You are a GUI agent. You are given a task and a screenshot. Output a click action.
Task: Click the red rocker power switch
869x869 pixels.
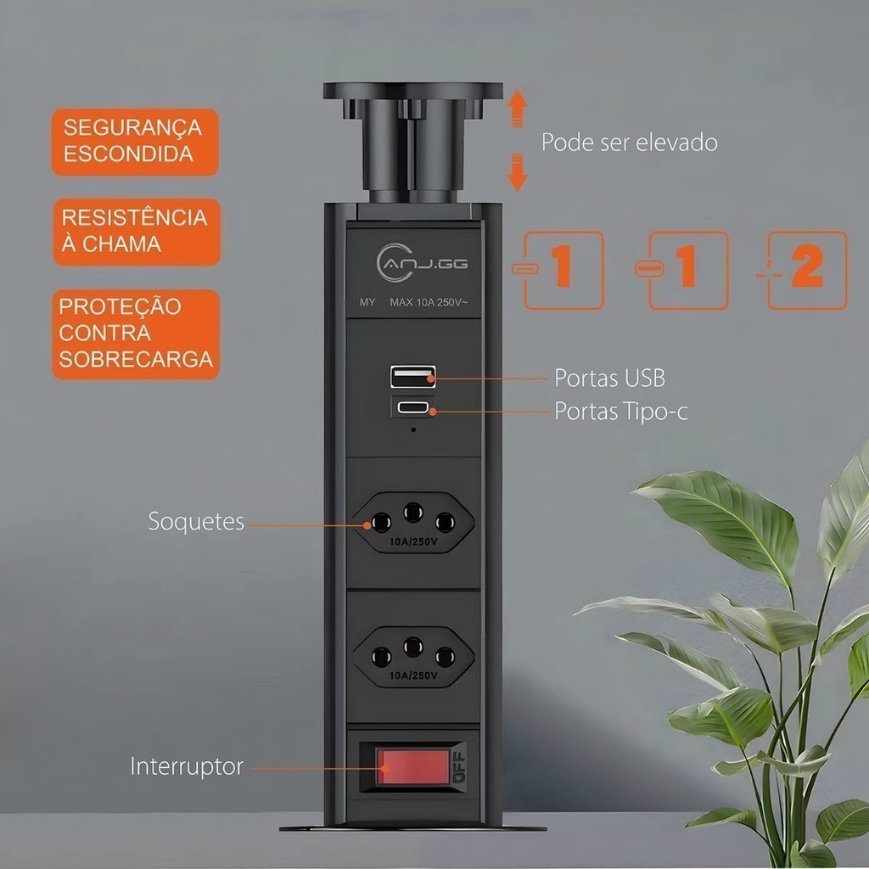coord(413,767)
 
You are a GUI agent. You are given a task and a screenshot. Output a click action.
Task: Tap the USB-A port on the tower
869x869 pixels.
coord(413,376)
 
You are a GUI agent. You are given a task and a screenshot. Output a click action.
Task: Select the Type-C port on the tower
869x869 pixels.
coord(413,408)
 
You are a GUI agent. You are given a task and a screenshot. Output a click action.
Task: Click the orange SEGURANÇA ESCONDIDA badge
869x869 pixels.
coord(135,142)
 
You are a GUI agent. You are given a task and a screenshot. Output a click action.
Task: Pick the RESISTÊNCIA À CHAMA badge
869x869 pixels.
coord(137,232)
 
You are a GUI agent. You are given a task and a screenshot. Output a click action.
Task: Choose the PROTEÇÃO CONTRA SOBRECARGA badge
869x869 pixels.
coord(137,334)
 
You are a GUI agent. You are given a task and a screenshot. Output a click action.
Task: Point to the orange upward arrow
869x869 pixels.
coord(517,109)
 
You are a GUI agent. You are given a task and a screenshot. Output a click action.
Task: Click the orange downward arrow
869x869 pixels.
coord(517,172)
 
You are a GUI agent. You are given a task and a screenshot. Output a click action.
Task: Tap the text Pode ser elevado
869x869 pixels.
coord(629,143)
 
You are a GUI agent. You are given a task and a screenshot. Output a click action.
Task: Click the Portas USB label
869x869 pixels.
coord(609,378)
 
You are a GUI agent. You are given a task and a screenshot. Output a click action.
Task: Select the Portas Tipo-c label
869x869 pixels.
coord(621,412)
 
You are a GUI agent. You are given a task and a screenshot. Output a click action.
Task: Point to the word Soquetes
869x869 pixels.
coord(196,521)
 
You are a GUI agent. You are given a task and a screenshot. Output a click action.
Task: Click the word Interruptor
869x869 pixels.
coord(187,766)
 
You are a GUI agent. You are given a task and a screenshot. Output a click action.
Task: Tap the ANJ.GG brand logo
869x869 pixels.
coord(422,263)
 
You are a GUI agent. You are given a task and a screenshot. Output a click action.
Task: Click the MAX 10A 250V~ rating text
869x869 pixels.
coord(429,303)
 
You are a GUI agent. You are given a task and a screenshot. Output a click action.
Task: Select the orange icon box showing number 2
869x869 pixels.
coord(807,270)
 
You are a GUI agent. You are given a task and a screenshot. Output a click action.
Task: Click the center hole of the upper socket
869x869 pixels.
coord(413,512)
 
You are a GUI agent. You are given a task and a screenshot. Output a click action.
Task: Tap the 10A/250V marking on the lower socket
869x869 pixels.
coord(413,676)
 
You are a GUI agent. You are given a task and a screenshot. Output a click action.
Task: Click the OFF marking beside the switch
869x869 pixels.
coord(459,767)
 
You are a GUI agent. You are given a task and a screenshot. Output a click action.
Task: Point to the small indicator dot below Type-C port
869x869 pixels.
coord(413,429)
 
